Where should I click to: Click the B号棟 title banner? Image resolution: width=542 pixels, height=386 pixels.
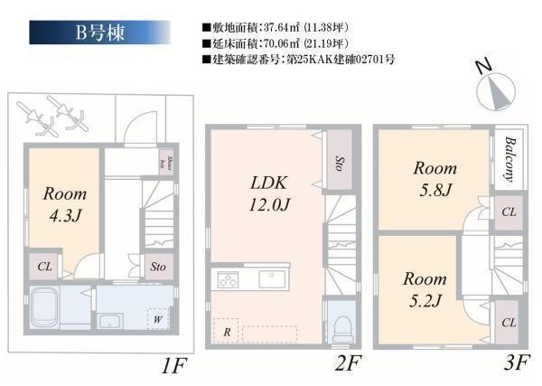(x=99, y=32)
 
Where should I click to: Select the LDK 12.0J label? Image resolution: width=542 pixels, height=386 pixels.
(x=270, y=193)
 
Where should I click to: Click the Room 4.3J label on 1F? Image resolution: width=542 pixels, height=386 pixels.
(x=65, y=204)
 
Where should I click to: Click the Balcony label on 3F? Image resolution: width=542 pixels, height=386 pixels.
(x=509, y=162)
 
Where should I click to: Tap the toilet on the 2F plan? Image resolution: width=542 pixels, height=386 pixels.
(x=341, y=325)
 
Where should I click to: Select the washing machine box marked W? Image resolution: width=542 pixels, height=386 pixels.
(x=158, y=319)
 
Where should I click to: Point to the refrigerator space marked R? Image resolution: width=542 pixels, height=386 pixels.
(x=225, y=332)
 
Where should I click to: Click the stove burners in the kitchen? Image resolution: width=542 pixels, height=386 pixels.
(x=227, y=279)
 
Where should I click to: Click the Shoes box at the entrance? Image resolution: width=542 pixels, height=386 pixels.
(x=167, y=162)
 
